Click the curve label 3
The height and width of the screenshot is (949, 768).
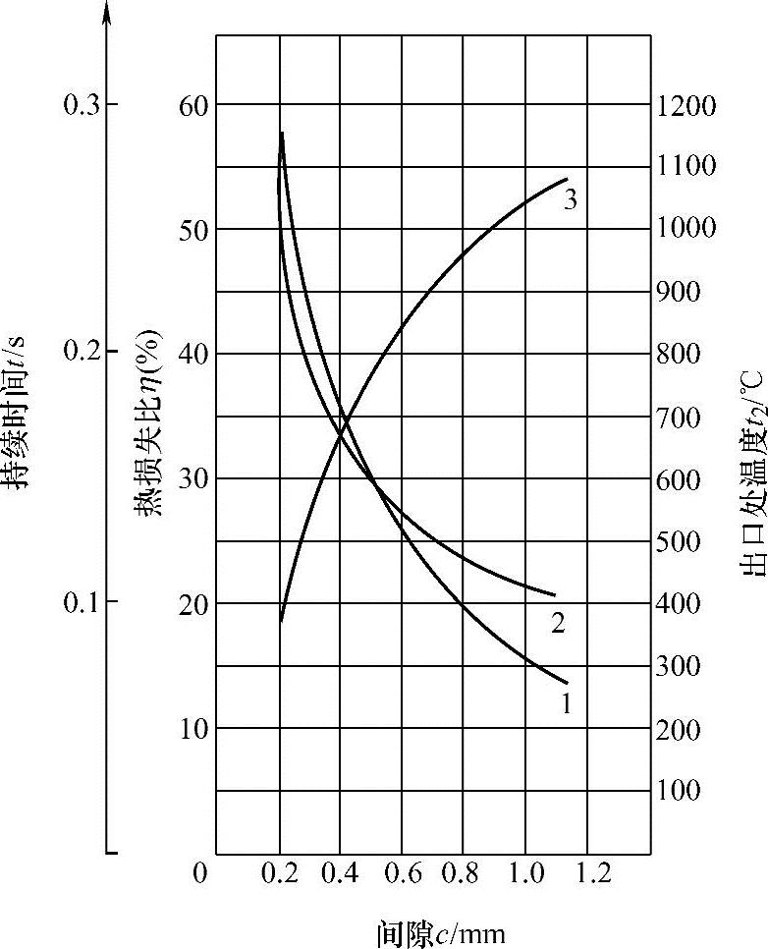coord(570,199)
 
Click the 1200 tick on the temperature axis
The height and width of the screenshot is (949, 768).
coord(687,104)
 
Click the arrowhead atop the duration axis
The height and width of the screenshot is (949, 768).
coord(107,12)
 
